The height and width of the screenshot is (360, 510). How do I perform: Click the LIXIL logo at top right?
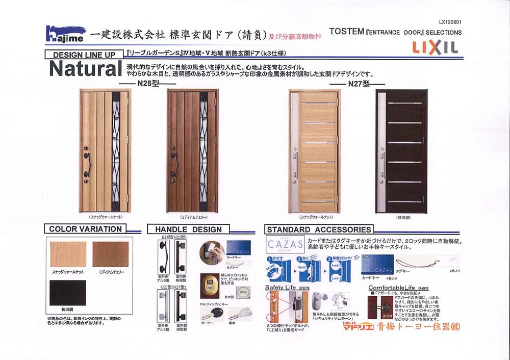point(435,47)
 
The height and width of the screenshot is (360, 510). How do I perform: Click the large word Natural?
point(85,70)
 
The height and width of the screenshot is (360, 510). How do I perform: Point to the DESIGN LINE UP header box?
point(84,55)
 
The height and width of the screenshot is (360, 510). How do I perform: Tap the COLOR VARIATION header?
point(85,229)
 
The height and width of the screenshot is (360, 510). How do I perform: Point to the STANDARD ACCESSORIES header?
point(319,229)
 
